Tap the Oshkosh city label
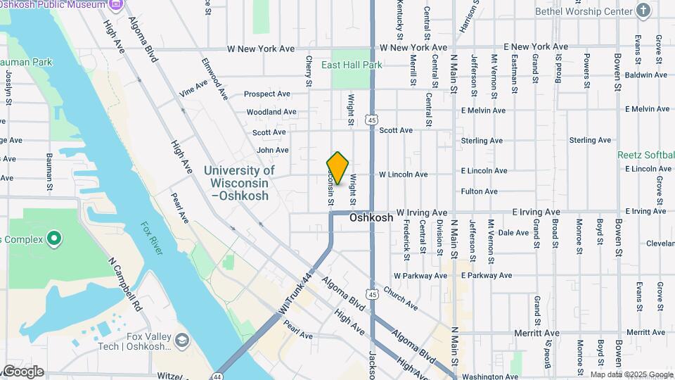coord(371,218)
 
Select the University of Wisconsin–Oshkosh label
coord(239,183)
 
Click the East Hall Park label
coord(352,65)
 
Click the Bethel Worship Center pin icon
coord(643,11)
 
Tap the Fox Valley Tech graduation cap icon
coord(182,341)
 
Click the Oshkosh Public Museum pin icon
coord(116,4)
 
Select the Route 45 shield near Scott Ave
coord(372,120)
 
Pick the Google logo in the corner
coord(22,372)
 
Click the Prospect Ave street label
coord(267,94)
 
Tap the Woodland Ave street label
coord(271,112)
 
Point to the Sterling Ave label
coord(482,141)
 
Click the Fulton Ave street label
coord(480,191)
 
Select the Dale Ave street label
coord(513,232)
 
